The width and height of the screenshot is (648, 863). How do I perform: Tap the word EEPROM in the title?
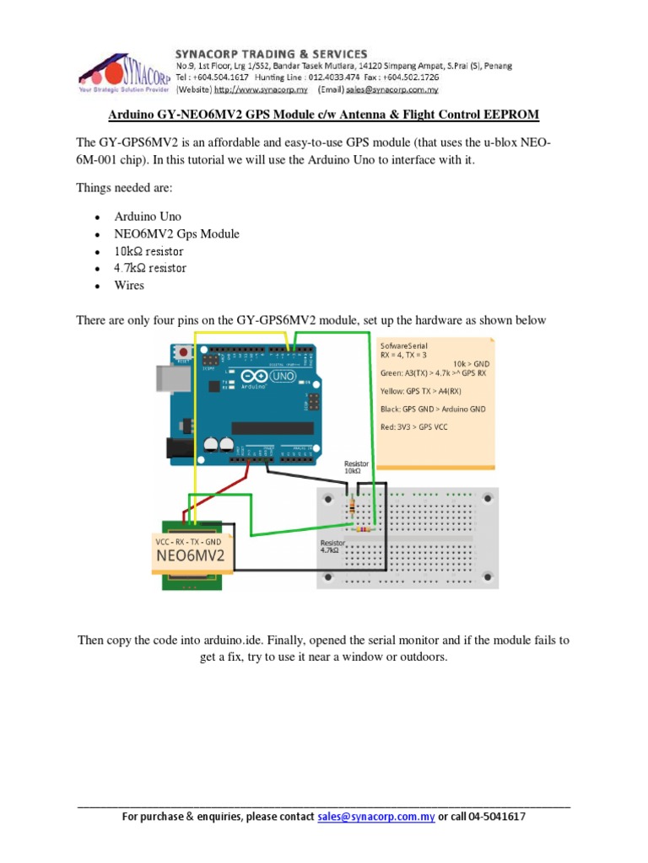pos(503,114)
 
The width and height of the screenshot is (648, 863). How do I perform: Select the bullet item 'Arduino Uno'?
pos(148,217)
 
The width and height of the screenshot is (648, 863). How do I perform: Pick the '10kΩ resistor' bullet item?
pos(149,251)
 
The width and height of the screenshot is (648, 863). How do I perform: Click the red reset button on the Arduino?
pos(182,354)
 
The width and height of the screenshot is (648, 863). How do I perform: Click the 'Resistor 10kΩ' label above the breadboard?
pos(356,468)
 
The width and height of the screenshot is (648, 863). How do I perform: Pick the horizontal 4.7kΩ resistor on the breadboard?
pos(365,530)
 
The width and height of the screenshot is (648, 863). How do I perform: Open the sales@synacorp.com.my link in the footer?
pos(376,817)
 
